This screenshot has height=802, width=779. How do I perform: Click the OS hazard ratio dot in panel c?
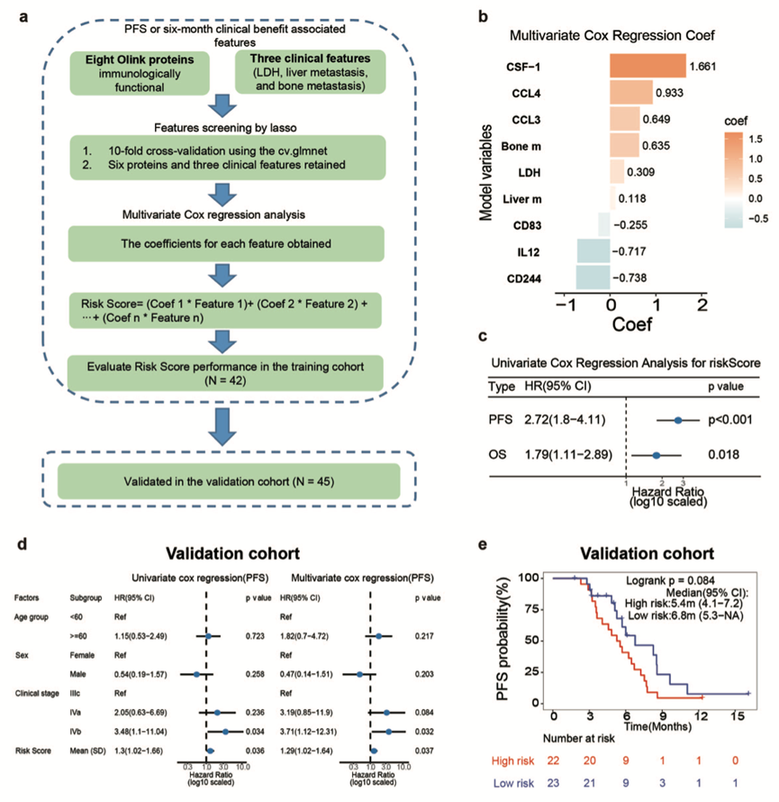coord(657,456)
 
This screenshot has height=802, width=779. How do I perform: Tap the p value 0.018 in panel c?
coord(722,456)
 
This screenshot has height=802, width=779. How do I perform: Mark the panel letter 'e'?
coord(485,545)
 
